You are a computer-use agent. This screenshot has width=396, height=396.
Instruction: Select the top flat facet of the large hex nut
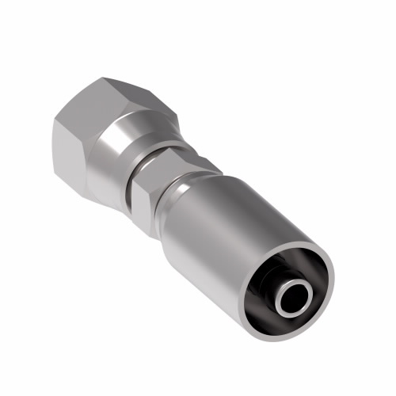[99, 75]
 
